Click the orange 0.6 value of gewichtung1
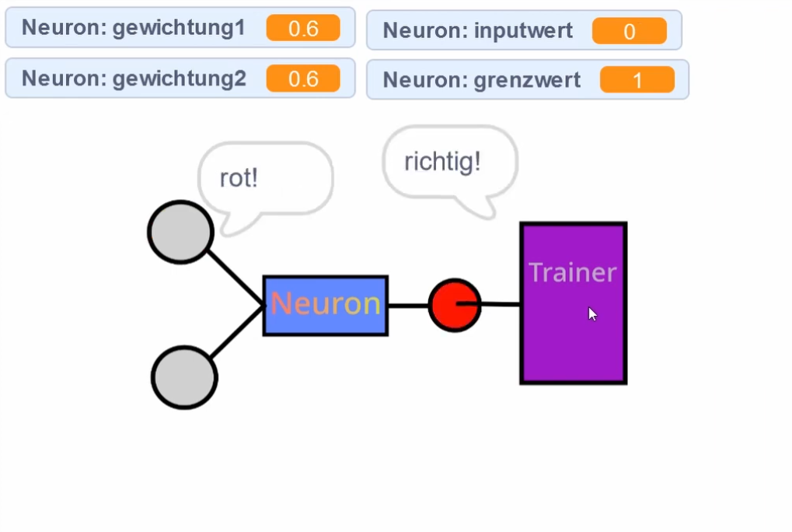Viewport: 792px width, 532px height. click(x=302, y=28)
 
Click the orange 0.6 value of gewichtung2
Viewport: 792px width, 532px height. click(x=302, y=79)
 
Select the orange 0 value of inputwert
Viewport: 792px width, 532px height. click(x=629, y=31)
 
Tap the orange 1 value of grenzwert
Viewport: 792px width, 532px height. click(x=637, y=80)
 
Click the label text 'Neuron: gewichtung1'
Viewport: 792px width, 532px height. click(x=133, y=28)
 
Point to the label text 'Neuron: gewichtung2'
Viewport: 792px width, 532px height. click(x=134, y=79)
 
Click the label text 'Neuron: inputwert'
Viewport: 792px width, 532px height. click(x=477, y=31)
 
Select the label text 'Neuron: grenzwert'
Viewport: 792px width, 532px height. click(x=481, y=80)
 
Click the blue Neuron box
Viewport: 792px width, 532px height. click(x=325, y=305)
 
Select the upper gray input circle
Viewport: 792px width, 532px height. click(x=180, y=232)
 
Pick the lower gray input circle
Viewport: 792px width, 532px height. click(x=184, y=377)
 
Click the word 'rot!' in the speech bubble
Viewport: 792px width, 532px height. click(x=239, y=178)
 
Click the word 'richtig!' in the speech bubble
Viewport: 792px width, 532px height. click(x=442, y=162)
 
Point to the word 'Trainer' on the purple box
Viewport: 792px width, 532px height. click(x=572, y=272)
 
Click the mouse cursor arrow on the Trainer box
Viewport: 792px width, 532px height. click(x=592, y=313)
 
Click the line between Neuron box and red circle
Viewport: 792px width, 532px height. click(x=407, y=305)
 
